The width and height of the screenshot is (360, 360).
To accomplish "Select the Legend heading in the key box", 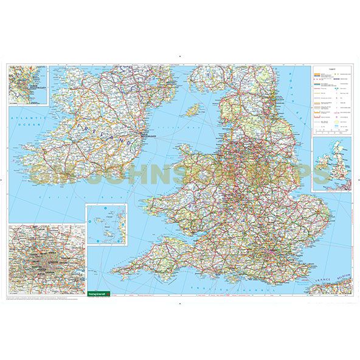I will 332,69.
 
